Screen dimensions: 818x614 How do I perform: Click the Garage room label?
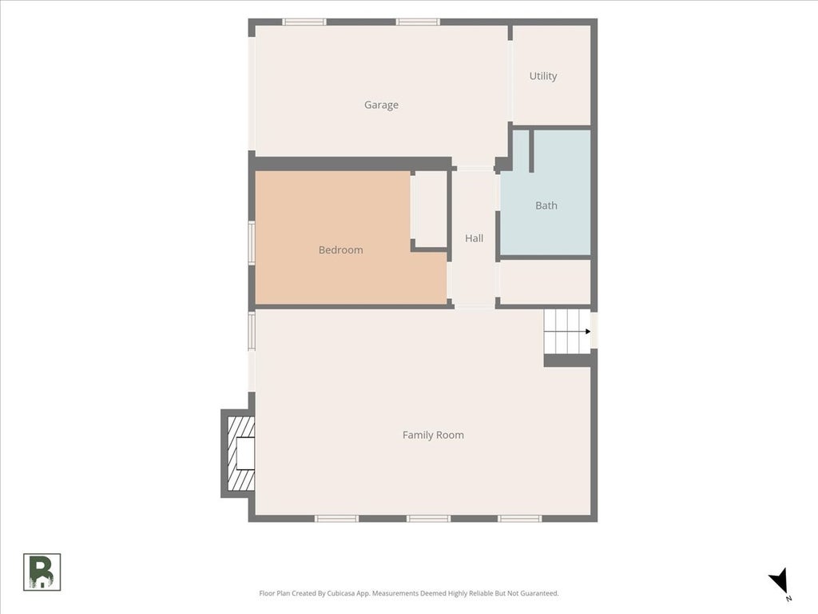pos(381,105)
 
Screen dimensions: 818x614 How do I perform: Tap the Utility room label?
pos(543,76)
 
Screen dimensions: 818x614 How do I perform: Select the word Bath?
pos(546,205)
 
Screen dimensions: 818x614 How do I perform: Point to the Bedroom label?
pos(340,250)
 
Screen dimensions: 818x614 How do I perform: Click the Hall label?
pos(475,238)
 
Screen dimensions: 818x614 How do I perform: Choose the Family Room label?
pos(433,435)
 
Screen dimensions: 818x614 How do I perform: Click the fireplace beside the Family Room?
pos(238,453)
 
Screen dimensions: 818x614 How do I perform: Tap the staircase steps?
pos(568,331)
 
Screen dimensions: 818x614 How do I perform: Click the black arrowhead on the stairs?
pos(588,332)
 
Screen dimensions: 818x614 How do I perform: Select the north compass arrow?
pos(780,582)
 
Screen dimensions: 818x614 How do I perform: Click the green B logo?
pos(42,572)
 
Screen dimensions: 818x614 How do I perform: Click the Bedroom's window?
pos(252,243)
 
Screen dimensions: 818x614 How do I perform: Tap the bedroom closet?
pos(429,209)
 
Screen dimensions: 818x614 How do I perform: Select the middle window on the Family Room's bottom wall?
pos(428,518)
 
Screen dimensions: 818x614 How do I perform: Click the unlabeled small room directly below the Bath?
pos(545,282)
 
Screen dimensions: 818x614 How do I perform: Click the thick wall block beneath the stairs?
pos(568,361)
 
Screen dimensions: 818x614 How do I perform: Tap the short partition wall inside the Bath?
pos(531,151)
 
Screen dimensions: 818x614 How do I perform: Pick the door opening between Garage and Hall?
pos(475,168)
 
